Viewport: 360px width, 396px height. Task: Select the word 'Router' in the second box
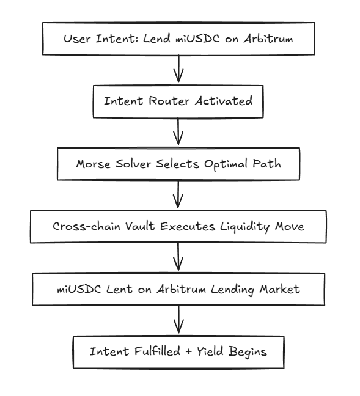pyautogui.click(x=169, y=101)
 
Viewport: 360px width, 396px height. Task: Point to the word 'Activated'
pyautogui.click(x=223, y=100)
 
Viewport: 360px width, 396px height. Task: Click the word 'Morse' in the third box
pyautogui.click(x=94, y=164)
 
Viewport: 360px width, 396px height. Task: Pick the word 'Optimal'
pyautogui.click(x=226, y=164)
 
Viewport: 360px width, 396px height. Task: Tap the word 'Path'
pyautogui.click(x=266, y=163)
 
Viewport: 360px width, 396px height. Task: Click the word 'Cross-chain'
pyautogui.click(x=86, y=226)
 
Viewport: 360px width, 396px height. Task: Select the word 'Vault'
pyautogui.click(x=140, y=226)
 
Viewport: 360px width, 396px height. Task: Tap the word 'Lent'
pyautogui.click(x=119, y=289)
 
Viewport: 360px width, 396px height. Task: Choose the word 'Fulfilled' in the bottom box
pyautogui.click(x=157, y=351)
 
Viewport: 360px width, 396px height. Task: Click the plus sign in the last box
pyautogui.click(x=188, y=352)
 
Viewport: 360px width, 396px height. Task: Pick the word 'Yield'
pyautogui.click(x=210, y=351)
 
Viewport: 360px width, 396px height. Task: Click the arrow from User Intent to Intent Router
pyautogui.click(x=178, y=68)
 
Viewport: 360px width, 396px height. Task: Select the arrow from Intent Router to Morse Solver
pyautogui.click(x=178, y=131)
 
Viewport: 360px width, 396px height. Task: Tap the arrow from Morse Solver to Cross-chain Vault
pyautogui.click(x=178, y=194)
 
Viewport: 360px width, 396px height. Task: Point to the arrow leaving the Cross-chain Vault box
pyautogui.click(x=178, y=257)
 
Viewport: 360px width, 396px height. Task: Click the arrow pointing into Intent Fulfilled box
pyautogui.click(x=178, y=320)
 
